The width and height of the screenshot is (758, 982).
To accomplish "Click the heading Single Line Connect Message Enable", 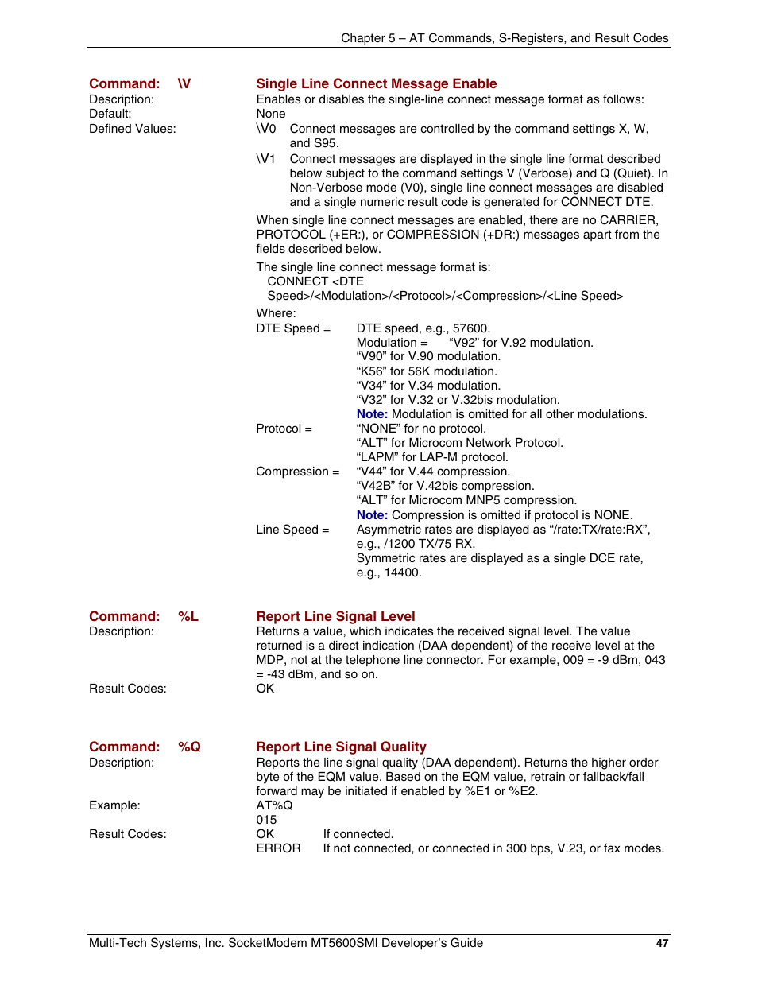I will point(376,83).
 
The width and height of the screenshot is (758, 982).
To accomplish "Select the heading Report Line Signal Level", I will point(335,616).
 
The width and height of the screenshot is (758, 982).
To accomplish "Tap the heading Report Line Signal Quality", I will point(341,747).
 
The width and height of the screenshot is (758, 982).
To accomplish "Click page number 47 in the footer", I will point(662,943).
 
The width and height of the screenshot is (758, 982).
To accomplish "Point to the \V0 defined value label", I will point(266,129).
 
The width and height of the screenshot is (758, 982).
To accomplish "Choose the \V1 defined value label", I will point(266,159).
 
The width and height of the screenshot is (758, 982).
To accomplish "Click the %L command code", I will point(188,616).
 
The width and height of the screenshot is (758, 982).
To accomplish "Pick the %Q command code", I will point(189,747).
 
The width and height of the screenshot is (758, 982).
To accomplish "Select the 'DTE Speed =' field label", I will point(293,328).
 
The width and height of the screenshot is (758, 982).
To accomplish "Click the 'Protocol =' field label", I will point(284,429).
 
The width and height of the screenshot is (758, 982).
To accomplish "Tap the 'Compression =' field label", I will point(297,472).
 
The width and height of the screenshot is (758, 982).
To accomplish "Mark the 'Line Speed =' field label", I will point(292,530).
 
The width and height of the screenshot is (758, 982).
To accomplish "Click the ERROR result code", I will point(278,848).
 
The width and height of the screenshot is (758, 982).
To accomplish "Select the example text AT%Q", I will point(274,805).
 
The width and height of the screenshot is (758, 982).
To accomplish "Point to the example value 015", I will point(266,820).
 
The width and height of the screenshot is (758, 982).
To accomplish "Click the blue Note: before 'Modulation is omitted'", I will point(372,414).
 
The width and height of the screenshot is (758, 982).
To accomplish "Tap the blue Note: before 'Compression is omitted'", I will point(372,515).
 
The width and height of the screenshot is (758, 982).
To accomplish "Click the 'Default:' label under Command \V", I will point(110,114).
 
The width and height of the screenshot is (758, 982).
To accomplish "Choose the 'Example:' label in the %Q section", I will point(114,805).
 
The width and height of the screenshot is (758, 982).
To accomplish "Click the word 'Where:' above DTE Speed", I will point(276,313).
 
